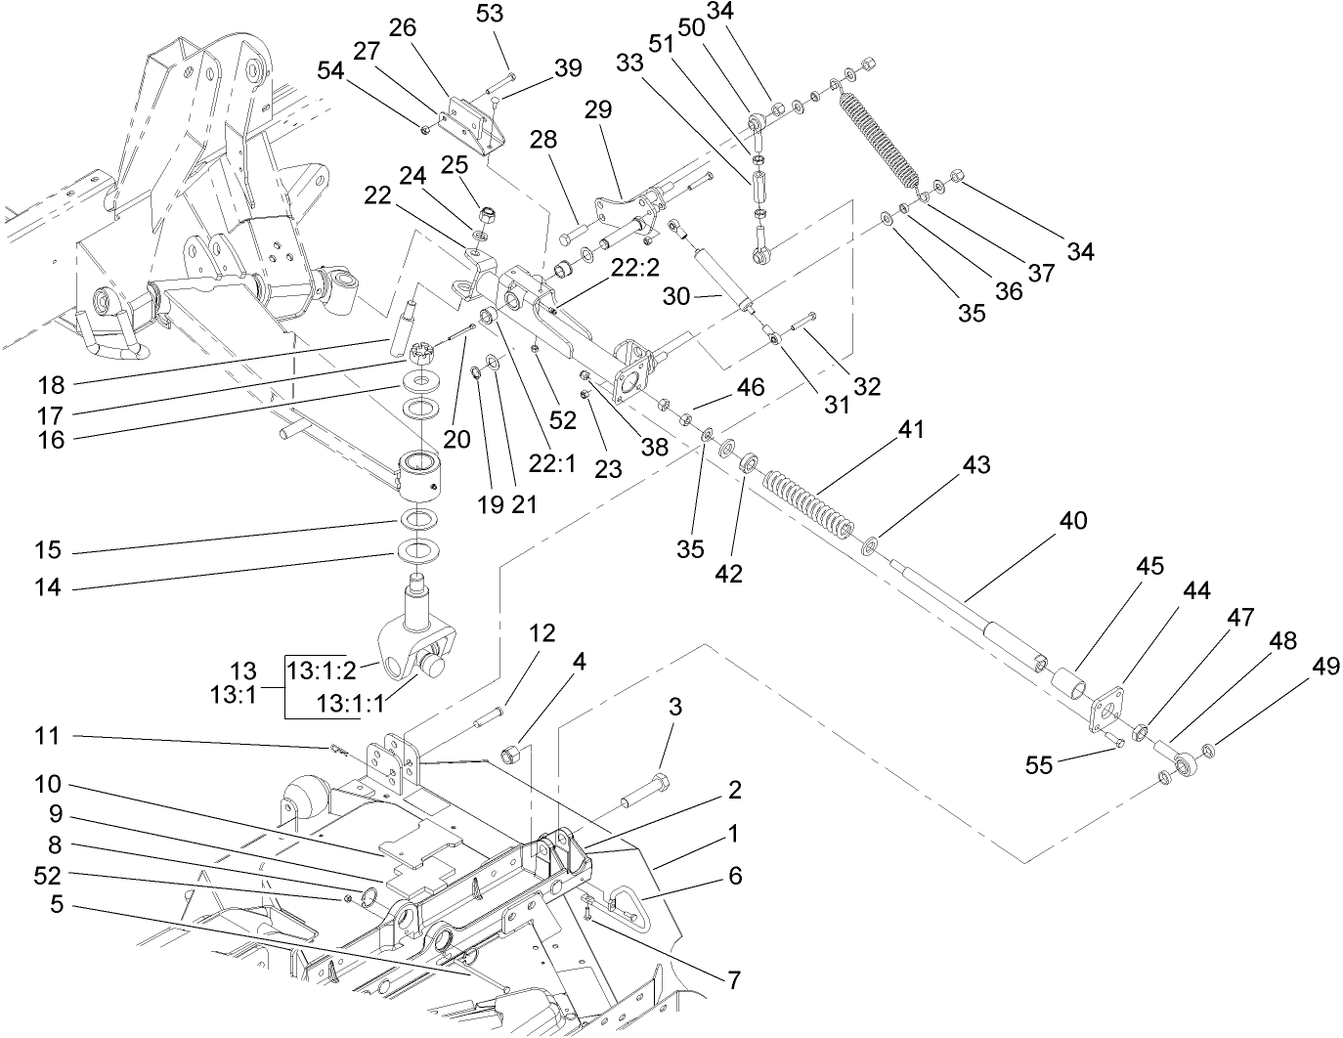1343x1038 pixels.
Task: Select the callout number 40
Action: [1072, 521]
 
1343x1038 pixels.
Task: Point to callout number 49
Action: [1325, 667]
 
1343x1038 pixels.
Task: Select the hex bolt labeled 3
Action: [648, 787]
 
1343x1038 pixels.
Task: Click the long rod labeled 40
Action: [968, 606]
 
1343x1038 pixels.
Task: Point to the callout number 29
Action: [597, 109]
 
